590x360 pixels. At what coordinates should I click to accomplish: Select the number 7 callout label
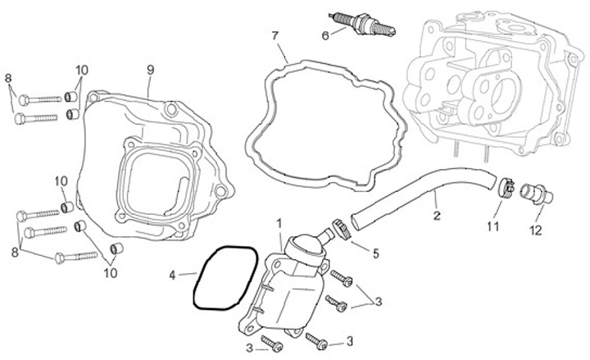275,35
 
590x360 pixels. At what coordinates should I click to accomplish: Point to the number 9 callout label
150,69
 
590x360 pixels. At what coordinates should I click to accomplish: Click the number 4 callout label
172,274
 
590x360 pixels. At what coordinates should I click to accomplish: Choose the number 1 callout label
279,223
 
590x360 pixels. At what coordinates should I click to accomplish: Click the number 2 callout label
436,216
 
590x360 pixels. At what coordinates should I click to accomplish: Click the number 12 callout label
535,231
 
